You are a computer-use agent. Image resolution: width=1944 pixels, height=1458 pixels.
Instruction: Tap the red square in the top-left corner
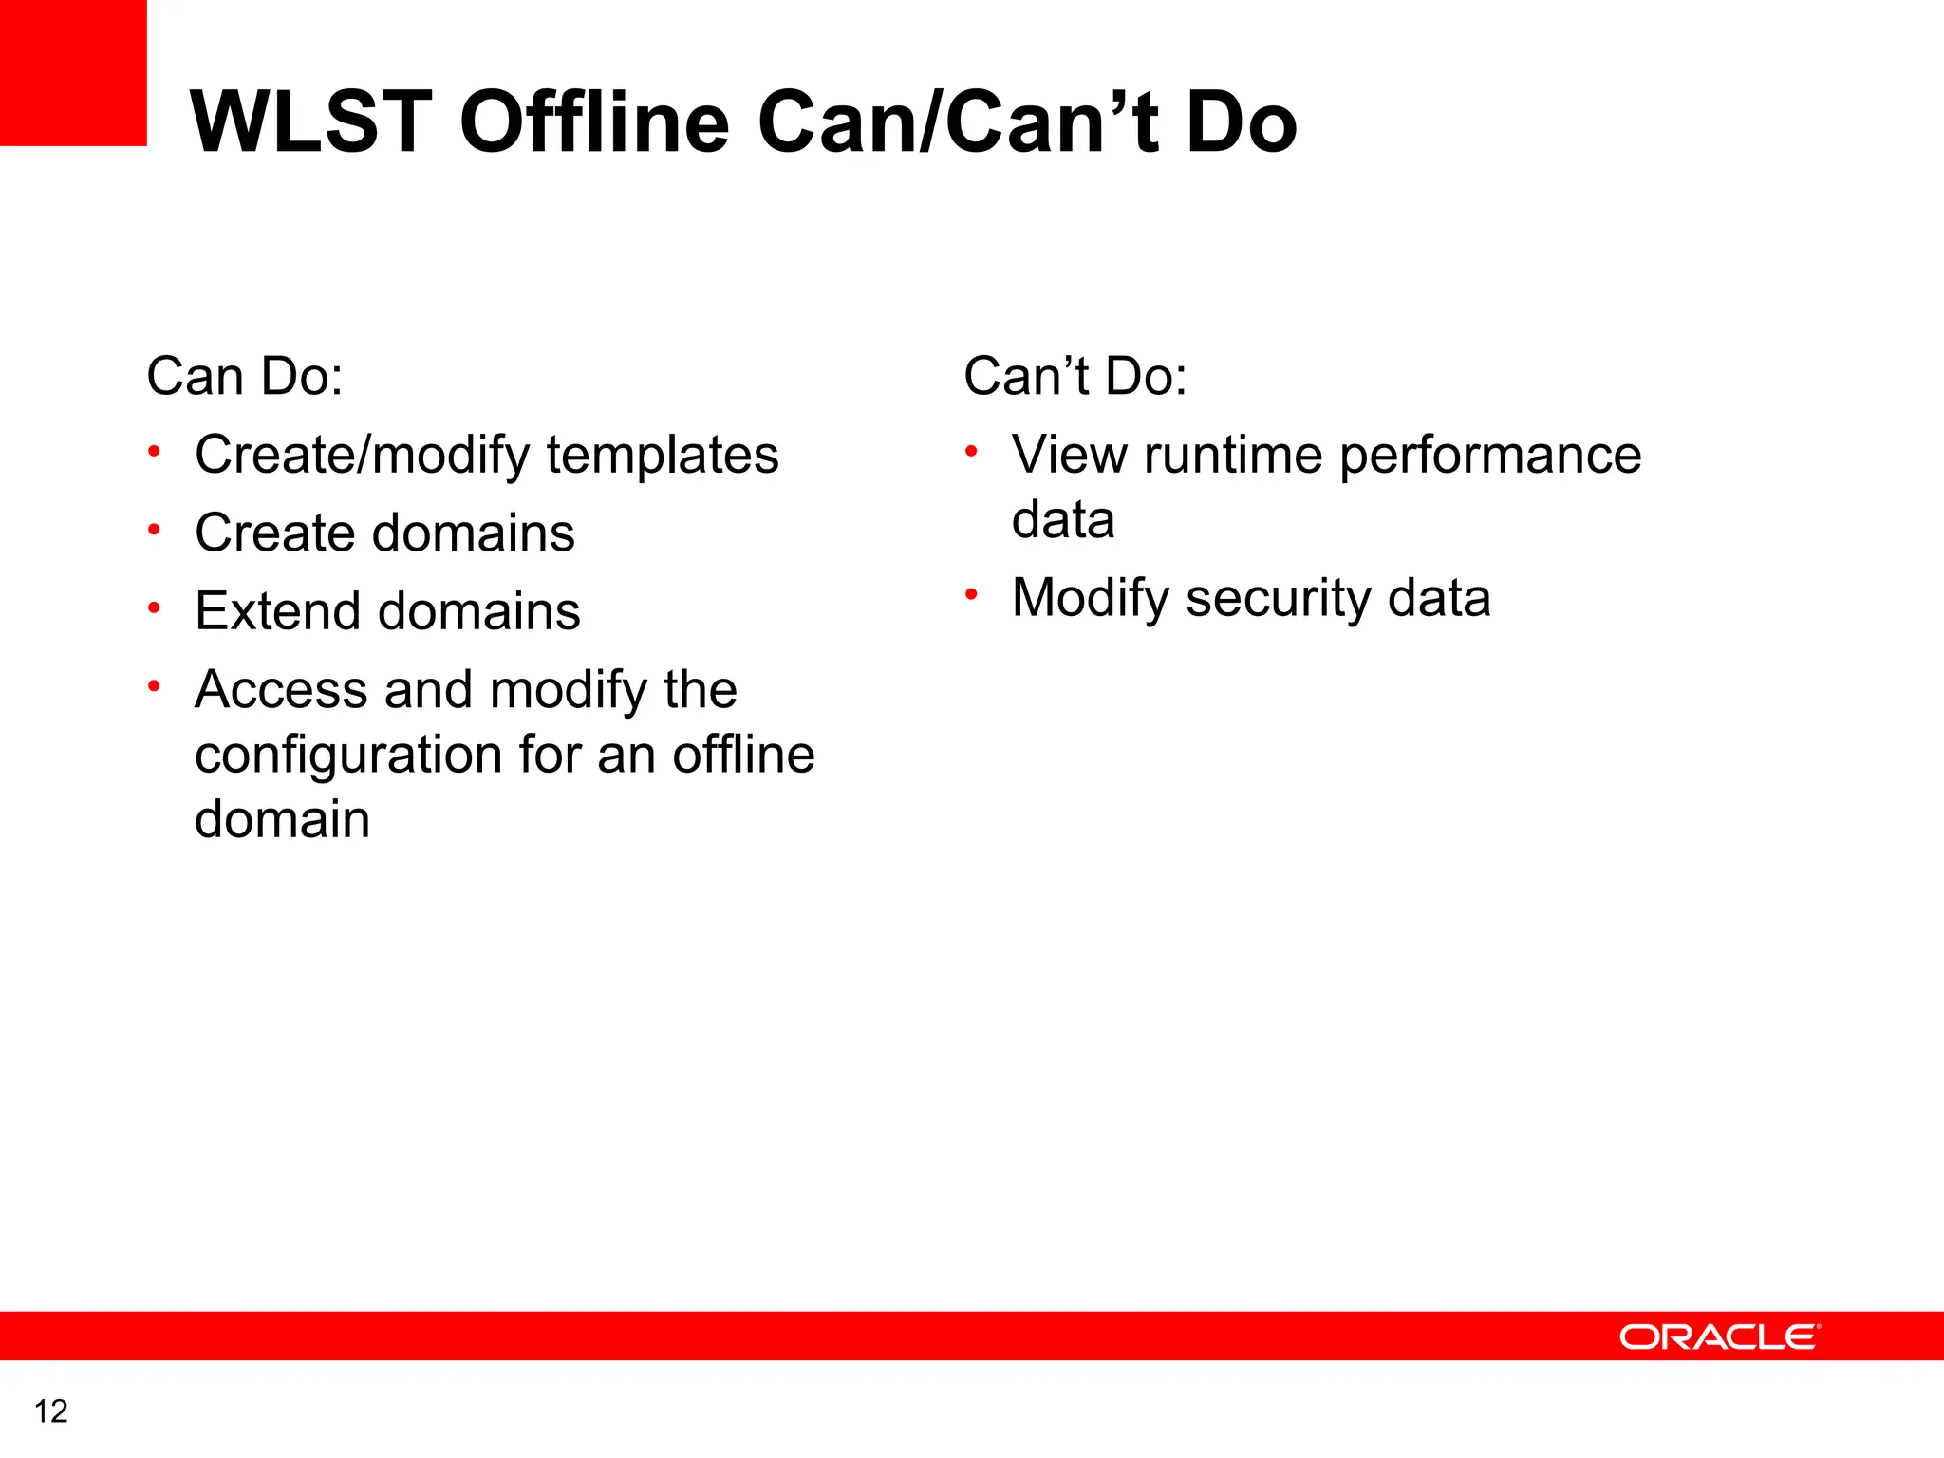coord(73,72)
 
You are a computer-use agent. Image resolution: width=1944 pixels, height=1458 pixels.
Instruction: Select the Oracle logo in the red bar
coord(1719,1336)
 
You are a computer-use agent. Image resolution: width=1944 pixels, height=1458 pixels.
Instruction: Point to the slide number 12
coord(51,1411)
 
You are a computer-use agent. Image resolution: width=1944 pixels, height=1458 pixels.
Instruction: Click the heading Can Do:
coord(245,376)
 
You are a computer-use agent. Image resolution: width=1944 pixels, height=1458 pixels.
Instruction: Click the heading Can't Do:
coord(1075,376)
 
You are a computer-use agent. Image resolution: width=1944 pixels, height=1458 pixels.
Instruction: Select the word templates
coord(663,455)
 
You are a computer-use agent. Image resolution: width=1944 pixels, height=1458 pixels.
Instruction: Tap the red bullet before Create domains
coord(154,530)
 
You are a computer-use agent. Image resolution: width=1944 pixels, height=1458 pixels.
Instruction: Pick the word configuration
coord(348,756)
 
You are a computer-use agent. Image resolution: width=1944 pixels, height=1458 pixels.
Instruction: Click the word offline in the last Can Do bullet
coord(743,756)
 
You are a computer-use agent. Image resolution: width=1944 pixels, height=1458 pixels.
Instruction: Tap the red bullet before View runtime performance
coord(971,452)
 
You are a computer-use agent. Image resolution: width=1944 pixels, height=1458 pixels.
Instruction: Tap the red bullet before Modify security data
coord(971,595)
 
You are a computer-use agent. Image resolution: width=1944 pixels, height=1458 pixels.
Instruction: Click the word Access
coord(281,689)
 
